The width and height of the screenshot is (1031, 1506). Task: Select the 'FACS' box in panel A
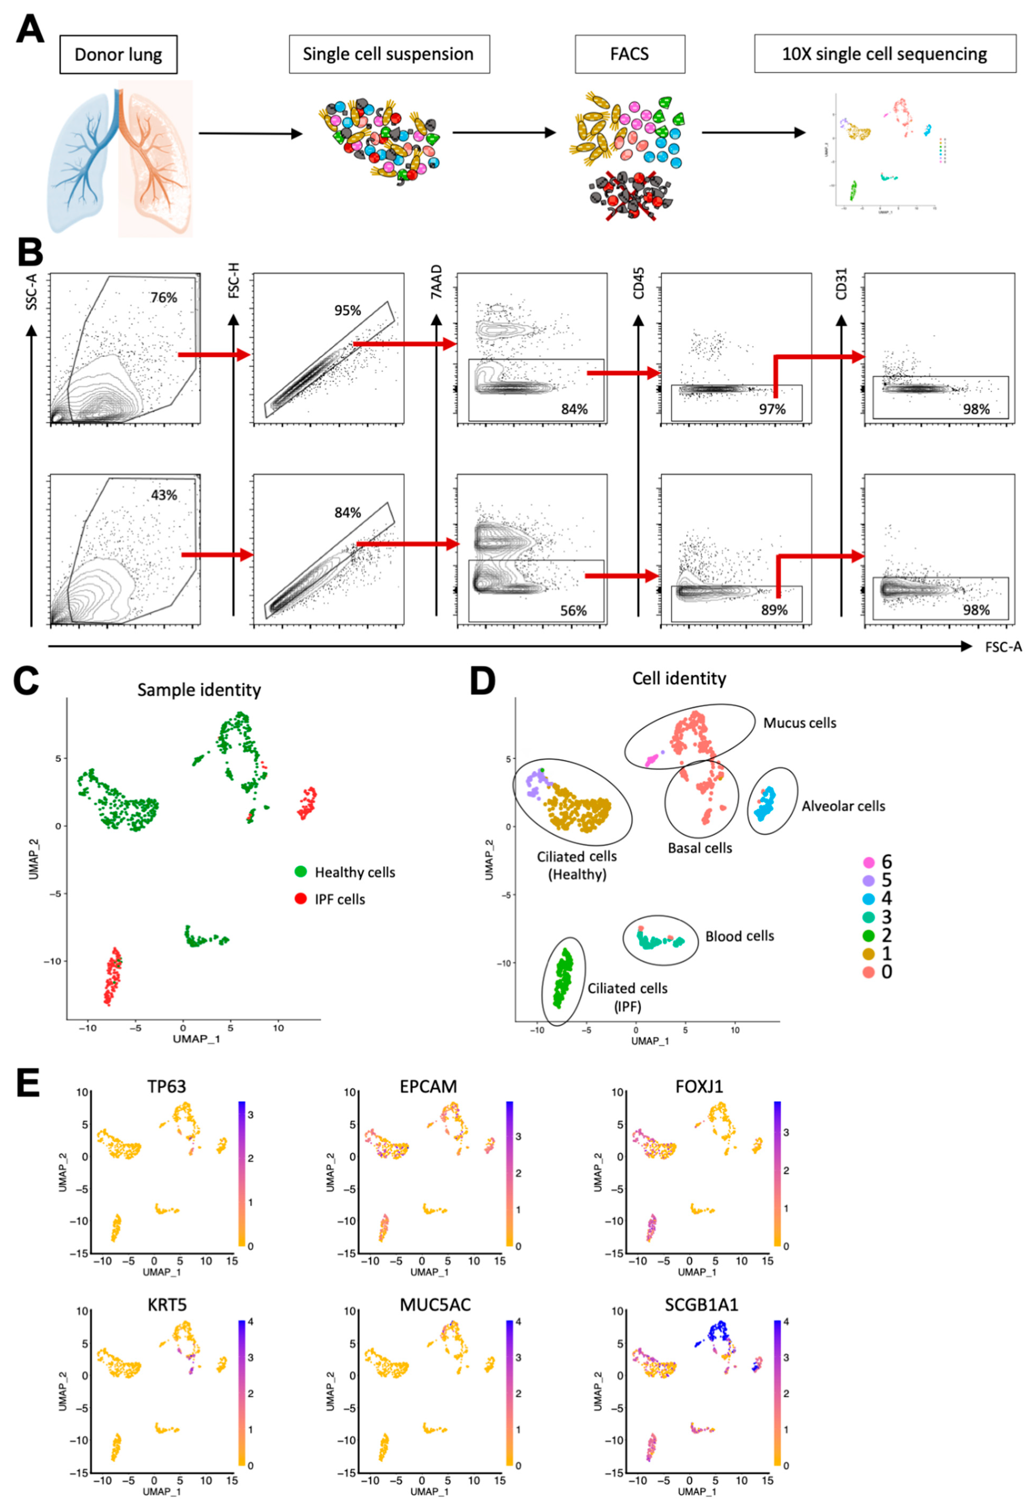coord(629,54)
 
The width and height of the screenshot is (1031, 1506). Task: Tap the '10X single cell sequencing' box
coord(885,54)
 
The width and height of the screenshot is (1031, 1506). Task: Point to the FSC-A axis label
coord(1003,647)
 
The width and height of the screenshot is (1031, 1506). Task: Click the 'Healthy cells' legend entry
coord(354,872)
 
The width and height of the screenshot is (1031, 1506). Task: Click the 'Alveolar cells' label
coord(843,806)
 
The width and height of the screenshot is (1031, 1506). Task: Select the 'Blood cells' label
coord(739,936)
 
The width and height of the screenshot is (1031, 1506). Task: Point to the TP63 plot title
coord(167,1086)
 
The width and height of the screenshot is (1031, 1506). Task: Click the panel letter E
coord(27,1083)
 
